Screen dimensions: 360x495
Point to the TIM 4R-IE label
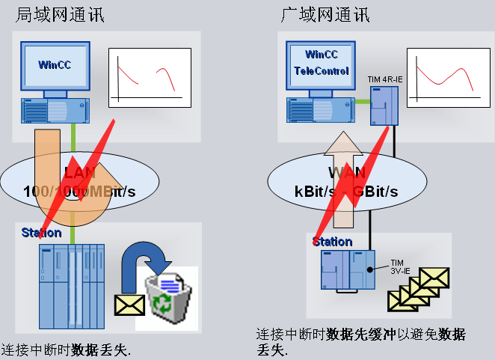click(384, 79)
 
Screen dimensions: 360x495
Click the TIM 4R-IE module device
click(386, 105)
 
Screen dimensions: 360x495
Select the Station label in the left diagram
click(41, 233)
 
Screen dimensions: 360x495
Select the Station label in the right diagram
click(332, 242)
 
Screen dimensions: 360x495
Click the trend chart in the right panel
click(444, 76)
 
